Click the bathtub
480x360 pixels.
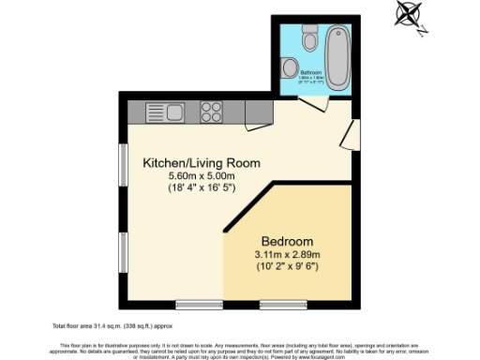pos(337,55)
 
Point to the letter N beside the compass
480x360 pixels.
pos(423,29)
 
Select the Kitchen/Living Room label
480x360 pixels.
pos(201,163)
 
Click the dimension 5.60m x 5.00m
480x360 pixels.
pos(201,176)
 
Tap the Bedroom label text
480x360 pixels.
pos(288,239)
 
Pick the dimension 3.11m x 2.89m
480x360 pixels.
pos(288,253)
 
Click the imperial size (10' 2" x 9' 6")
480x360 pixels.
pos(288,266)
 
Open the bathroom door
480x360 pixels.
pos(315,104)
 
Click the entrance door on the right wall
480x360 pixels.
pos(349,134)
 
